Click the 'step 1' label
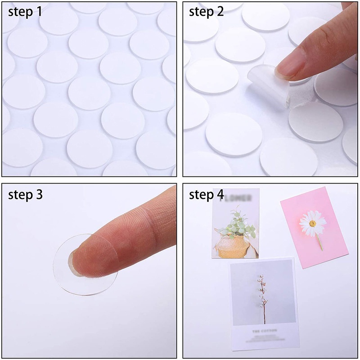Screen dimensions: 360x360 (26, 12)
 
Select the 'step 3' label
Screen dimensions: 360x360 (26, 195)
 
